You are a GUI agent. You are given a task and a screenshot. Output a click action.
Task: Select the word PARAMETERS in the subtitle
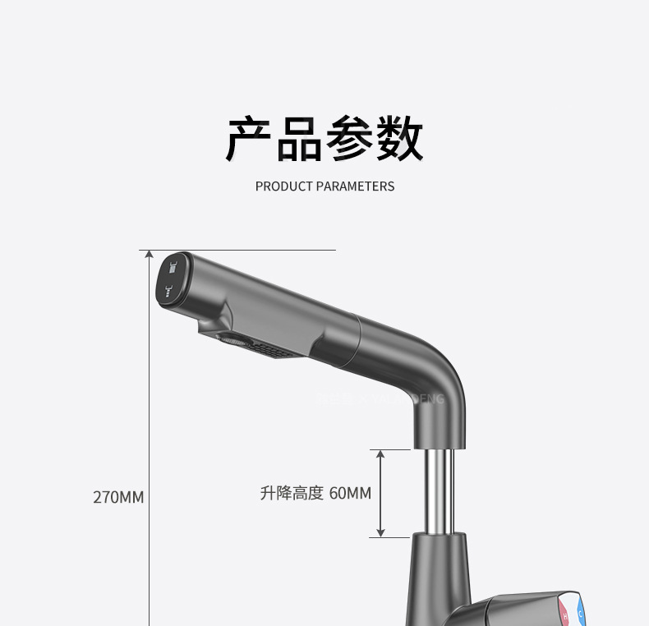click(355, 186)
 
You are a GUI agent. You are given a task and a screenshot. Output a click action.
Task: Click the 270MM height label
click(118, 497)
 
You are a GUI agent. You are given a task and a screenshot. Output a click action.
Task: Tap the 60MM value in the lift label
click(350, 494)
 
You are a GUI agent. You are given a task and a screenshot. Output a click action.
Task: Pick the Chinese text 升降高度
click(292, 494)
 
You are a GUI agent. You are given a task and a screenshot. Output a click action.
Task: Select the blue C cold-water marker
click(581, 613)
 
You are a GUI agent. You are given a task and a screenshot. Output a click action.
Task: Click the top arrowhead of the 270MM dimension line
click(150, 255)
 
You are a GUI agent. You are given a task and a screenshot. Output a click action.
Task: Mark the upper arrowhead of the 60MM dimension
click(380, 454)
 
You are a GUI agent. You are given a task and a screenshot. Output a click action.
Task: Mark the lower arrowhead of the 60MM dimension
click(380, 532)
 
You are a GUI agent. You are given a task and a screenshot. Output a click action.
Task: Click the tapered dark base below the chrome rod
click(440, 575)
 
